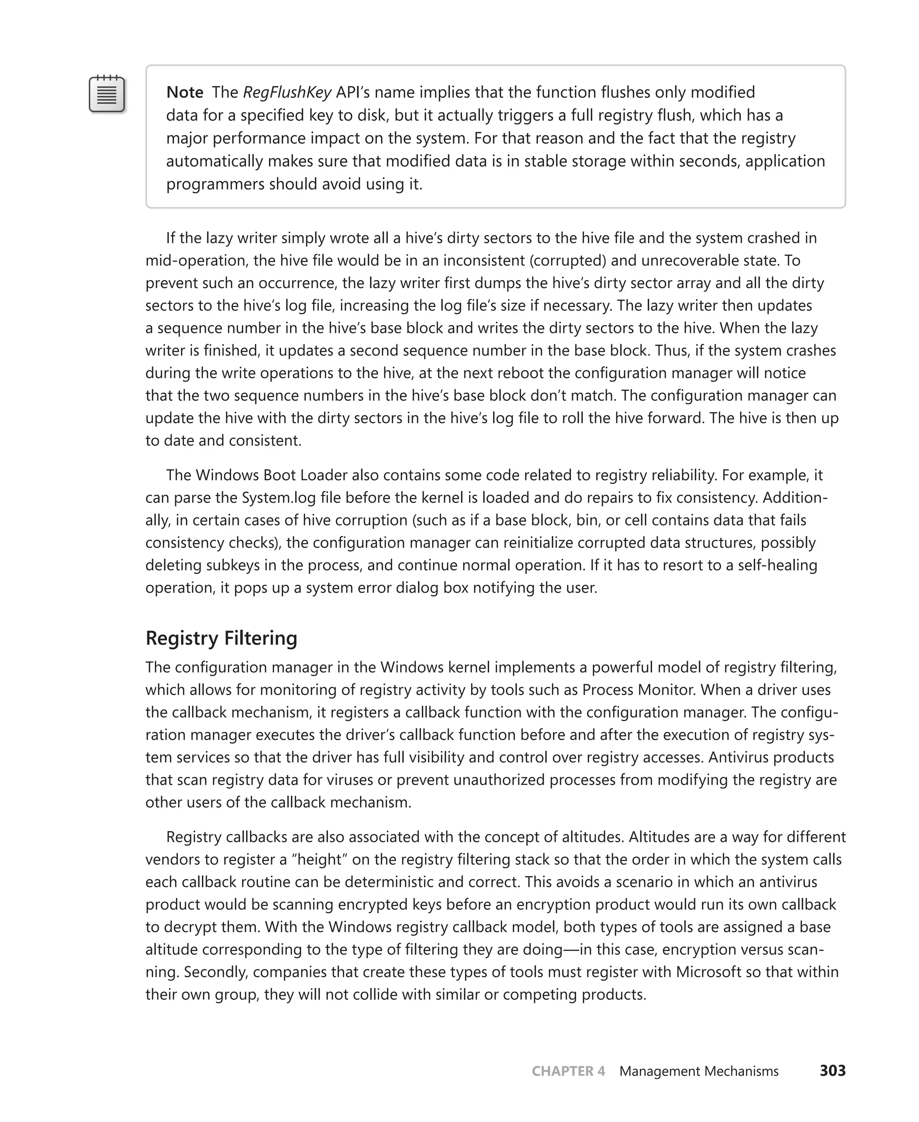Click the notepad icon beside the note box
106,94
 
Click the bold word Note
184,92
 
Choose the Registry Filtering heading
221,638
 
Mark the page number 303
832,1071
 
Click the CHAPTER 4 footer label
568,1071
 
